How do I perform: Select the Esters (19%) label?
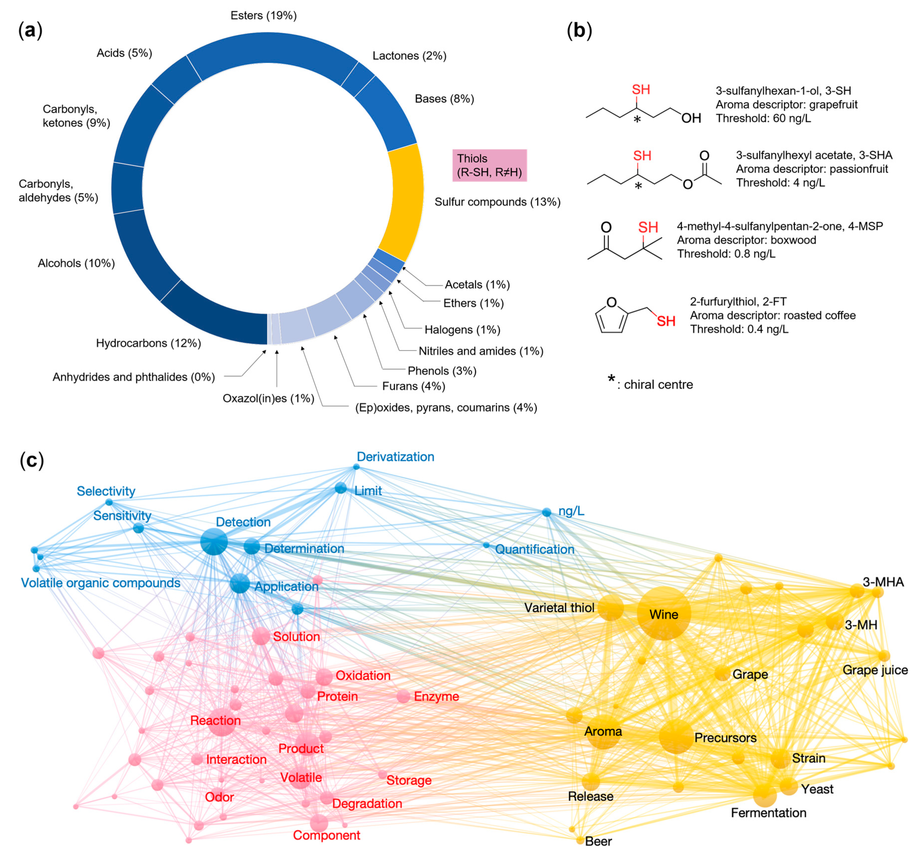tap(263, 16)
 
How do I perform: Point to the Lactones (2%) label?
tap(409, 56)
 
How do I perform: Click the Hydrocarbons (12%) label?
tap(148, 343)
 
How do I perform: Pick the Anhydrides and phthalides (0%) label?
tap(134, 377)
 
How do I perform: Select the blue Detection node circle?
tap(214, 542)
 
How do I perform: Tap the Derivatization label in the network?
tap(395, 457)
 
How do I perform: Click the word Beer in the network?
tap(598, 841)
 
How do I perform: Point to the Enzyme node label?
tap(436, 697)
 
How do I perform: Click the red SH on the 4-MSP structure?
tap(648, 227)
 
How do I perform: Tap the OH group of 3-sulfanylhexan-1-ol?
tap(691, 118)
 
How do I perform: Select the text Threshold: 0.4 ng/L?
tap(739, 329)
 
